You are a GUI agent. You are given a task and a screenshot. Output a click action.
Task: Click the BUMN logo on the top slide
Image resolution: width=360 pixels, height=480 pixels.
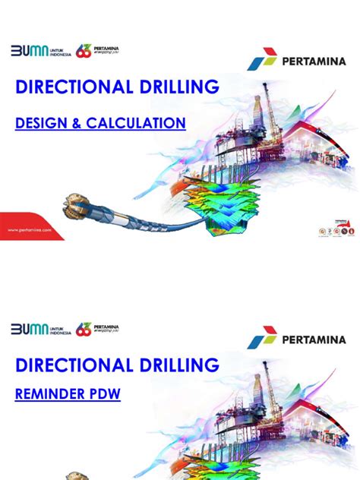coord(29,51)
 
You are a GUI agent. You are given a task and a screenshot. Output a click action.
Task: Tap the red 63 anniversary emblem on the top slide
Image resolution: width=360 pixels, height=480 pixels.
coord(84,51)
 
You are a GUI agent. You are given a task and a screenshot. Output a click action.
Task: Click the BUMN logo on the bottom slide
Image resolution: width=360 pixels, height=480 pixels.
coord(29,329)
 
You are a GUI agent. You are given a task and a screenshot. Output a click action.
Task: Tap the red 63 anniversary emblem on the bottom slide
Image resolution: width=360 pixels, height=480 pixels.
coord(84,329)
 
